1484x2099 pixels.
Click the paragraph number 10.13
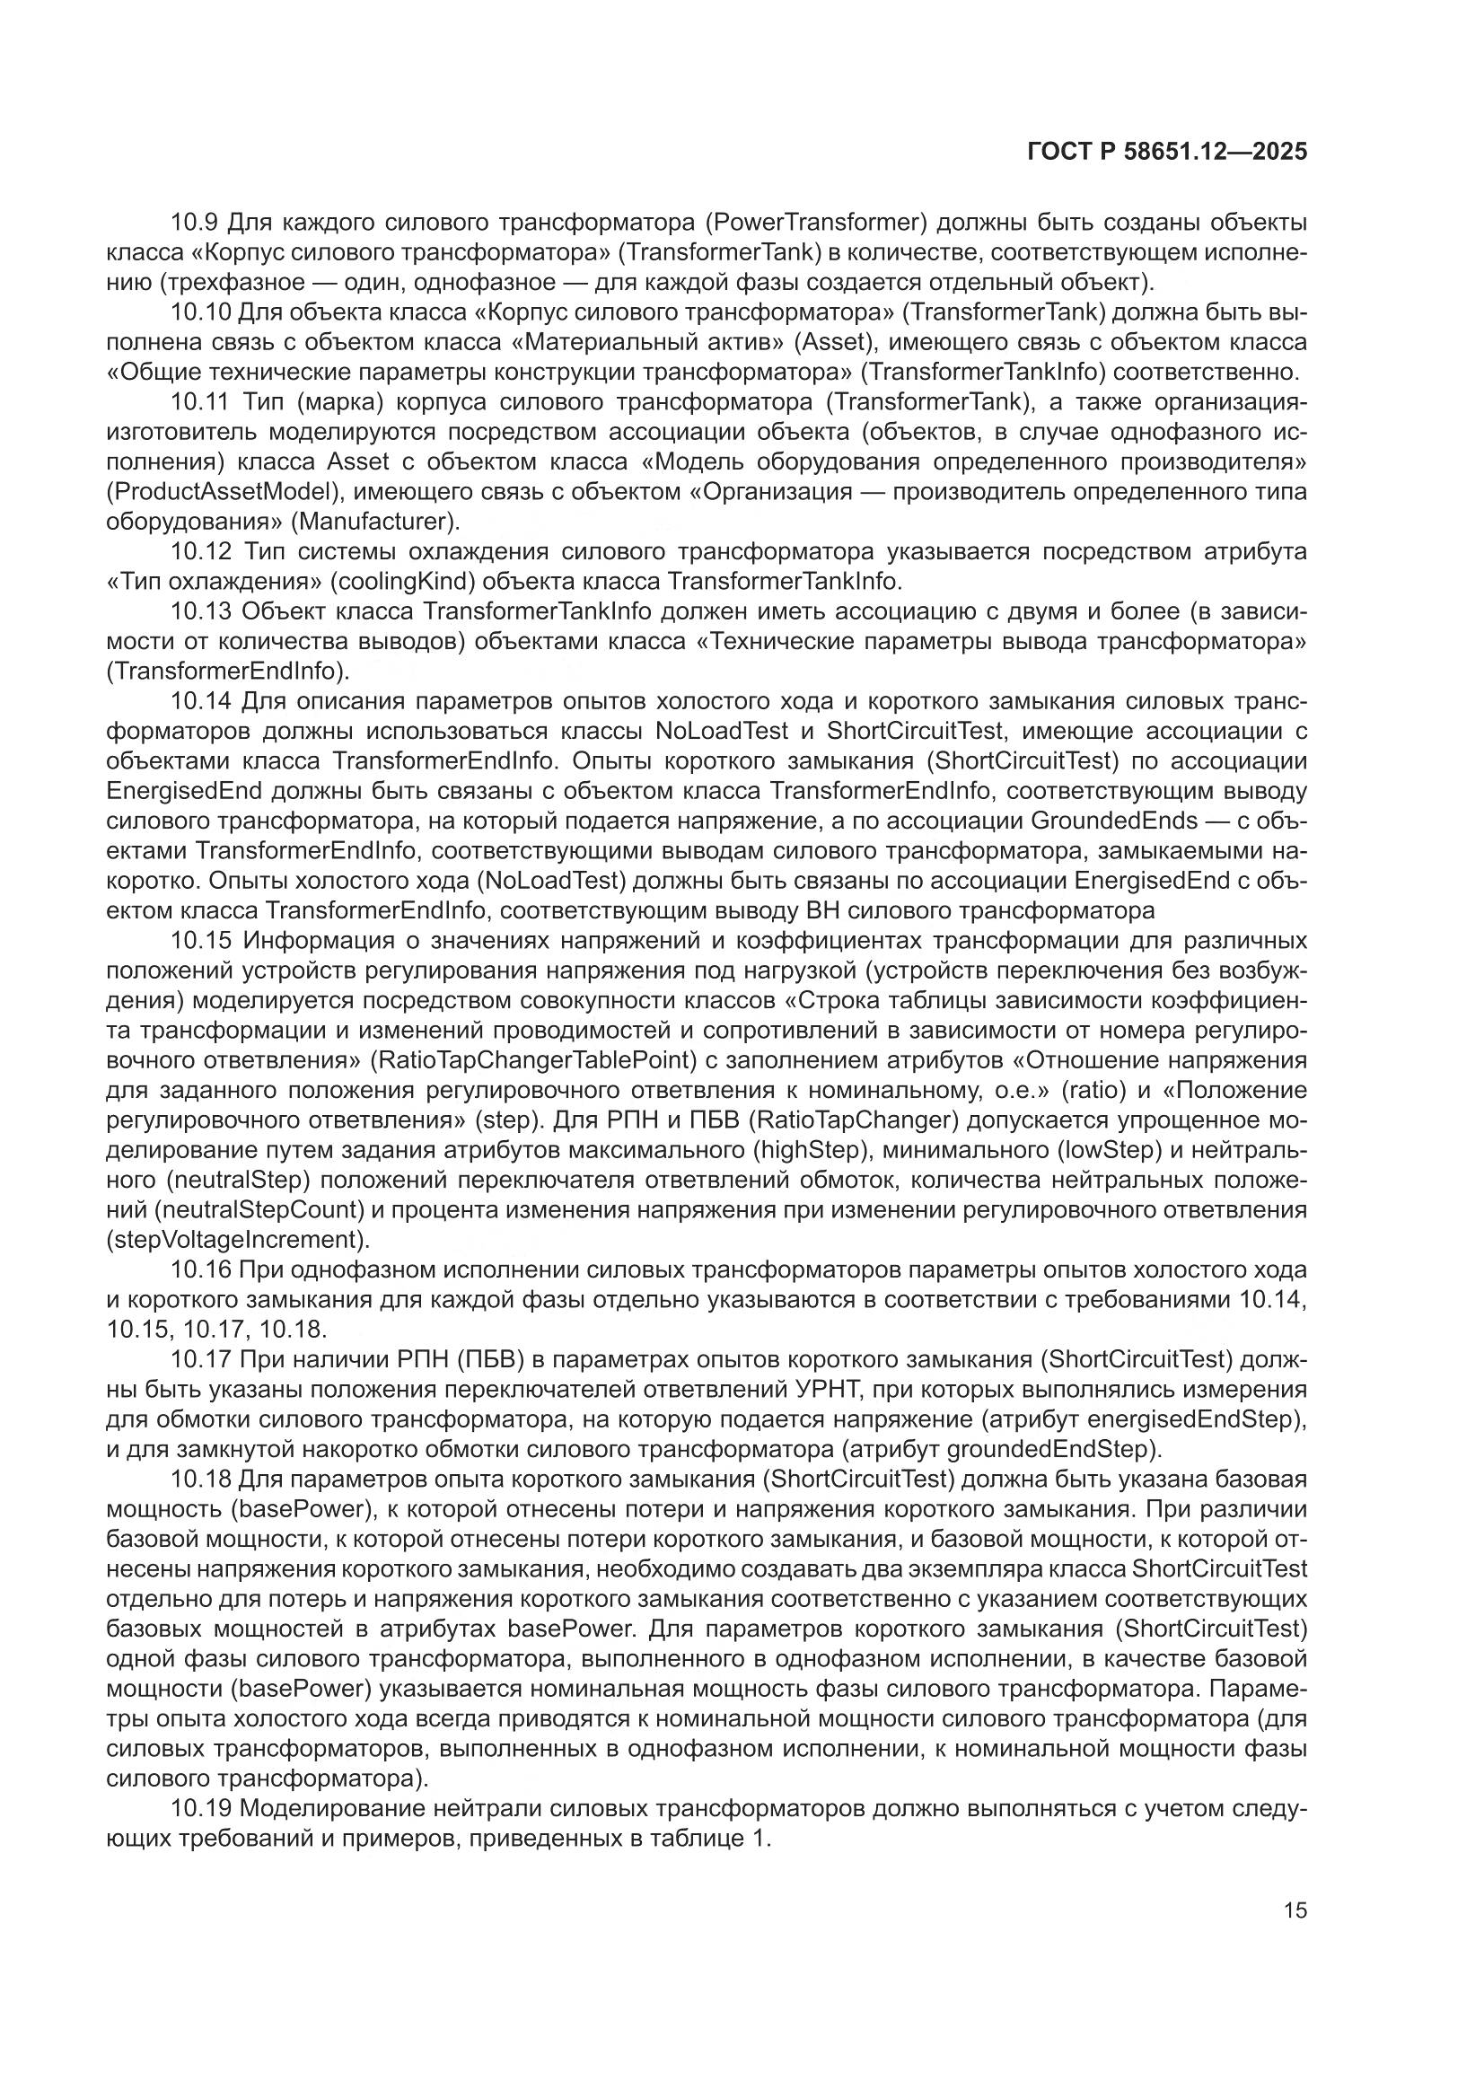(x=200, y=610)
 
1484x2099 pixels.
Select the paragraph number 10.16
(x=200, y=1269)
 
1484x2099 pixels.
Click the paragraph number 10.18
(x=200, y=1479)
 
